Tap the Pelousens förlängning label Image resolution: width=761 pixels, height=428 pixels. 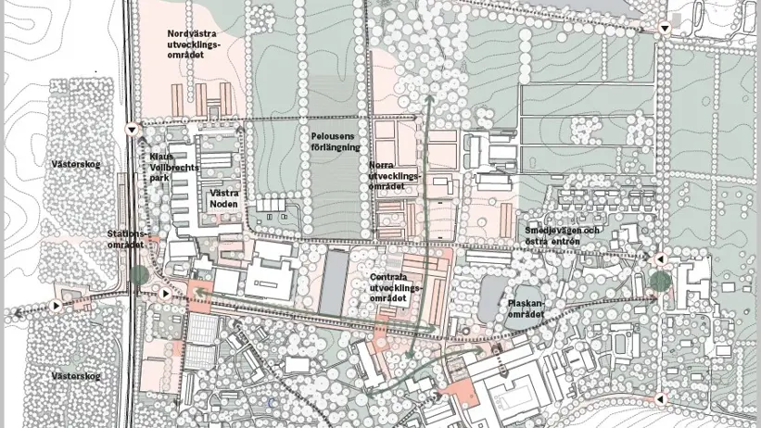tap(335, 142)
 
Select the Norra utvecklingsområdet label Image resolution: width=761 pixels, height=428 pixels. tap(394, 175)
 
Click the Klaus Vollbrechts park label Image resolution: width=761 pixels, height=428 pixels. tap(173, 167)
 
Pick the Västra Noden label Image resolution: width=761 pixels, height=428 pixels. tap(224, 198)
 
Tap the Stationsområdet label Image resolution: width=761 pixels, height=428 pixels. tap(126, 239)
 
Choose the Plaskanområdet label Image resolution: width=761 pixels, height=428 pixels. tap(525, 308)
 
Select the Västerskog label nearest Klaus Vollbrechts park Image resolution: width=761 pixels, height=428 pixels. tap(76, 165)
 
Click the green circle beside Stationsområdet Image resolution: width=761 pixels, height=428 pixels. tap(139, 274)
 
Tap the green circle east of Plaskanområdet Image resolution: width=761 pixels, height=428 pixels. tap(659, 281)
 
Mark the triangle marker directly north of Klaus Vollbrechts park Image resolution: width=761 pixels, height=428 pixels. tap(132, 129)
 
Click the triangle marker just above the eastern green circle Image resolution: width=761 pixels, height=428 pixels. tap(661, 259)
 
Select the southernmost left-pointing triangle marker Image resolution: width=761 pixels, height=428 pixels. tap(660, 399)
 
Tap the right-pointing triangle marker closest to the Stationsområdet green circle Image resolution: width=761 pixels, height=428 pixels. tap(165, 294)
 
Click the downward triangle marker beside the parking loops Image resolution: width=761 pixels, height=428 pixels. tap(665, 29)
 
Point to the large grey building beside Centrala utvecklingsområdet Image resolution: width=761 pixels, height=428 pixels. tap(334, 282)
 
